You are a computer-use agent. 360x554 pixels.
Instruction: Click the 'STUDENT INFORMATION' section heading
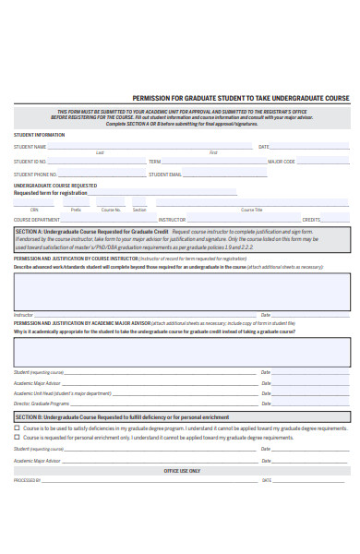coord(39,135)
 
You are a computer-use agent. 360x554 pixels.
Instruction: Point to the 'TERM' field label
coord(154,161)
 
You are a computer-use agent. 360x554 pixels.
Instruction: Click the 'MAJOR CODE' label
coord(282,161)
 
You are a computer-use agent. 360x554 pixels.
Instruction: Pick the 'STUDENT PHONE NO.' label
coord(35,174)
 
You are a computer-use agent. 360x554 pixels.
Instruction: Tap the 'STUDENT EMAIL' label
coord(166,174)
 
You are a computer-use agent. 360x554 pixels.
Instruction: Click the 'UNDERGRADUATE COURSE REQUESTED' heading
coord(54,186)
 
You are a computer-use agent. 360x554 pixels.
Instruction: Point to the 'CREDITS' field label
coord(311,220)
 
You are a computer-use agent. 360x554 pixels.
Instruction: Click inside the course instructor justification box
coord(181,290)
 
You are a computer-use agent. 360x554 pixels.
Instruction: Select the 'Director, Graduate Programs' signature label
coord(42,403)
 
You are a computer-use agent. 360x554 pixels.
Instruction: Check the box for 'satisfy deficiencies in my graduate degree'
coord(17,428)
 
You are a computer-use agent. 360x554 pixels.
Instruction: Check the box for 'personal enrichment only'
coord(17,438)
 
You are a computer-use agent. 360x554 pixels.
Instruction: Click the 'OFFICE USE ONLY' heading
coord(181,470)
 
